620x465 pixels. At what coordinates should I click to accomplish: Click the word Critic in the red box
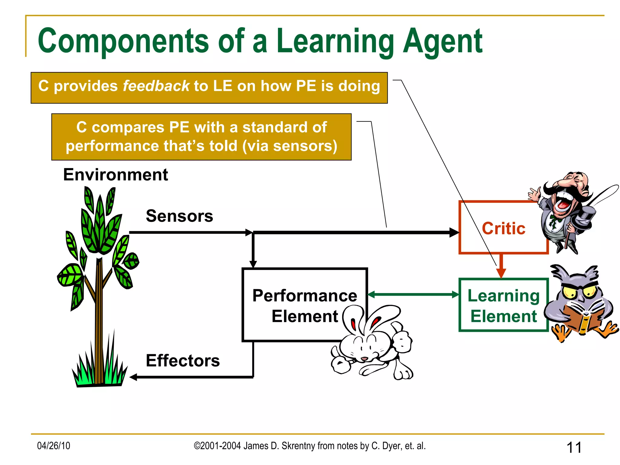[503, 229]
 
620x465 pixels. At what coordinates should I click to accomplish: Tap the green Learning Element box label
[503, 306]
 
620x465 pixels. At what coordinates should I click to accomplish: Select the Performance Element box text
[305, 306]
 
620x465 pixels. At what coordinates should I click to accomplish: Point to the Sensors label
[179, 216]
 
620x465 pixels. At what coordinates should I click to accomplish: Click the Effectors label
[183, 361]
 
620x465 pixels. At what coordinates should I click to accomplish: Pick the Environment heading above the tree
[115, 175]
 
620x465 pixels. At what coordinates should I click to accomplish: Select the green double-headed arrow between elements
[413, 294]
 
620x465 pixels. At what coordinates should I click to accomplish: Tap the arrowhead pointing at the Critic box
[454, 232]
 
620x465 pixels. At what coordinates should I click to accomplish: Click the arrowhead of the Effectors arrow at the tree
[134, 377]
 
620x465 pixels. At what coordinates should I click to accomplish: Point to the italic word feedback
[156, 86]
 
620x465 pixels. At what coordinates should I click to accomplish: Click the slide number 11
[574, 447]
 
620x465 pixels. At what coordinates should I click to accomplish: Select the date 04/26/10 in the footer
[54, 446]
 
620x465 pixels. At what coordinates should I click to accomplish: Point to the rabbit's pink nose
[364, 359]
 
